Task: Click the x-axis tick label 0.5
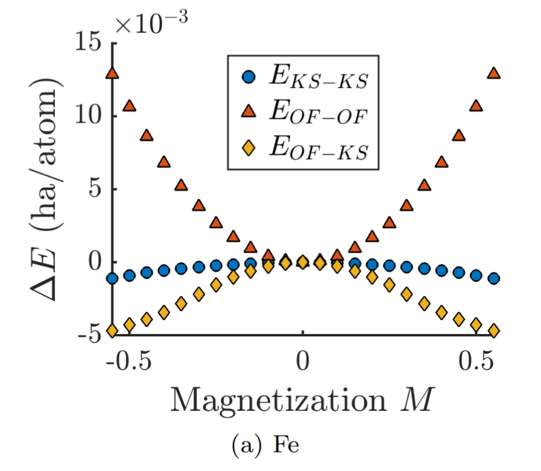click(477, 364)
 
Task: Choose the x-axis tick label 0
click(303, 364)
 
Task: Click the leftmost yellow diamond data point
click(112, 330)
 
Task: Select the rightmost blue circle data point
click(494, 278)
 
